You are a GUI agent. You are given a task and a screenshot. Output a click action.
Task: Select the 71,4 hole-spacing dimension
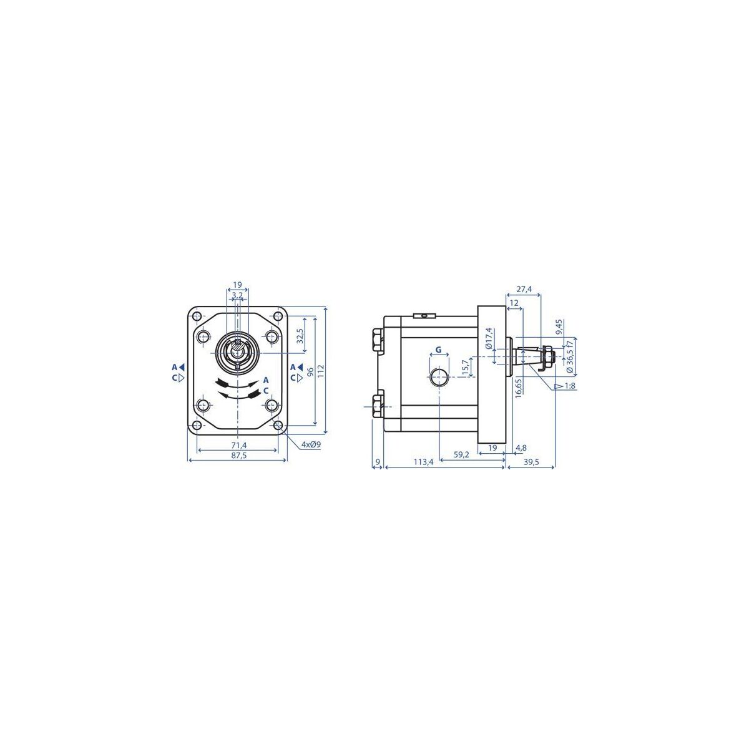[x=238, y=445]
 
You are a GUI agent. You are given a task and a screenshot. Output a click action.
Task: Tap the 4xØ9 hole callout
[x=311, y=444]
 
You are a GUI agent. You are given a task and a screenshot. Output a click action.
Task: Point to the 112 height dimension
[x=321, y=370]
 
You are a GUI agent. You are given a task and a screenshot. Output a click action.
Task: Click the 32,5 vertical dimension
[x=300, y=336]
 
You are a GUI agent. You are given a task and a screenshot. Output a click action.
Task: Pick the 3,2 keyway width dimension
[x=237, y=295]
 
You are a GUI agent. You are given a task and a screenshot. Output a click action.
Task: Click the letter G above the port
[x=438, y=350]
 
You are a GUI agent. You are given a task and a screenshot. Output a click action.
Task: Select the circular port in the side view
[x=438, y=376]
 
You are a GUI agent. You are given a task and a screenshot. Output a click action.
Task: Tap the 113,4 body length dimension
[x=423, y=462]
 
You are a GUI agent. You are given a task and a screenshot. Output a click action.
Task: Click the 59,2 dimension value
[x=461, y=454]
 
